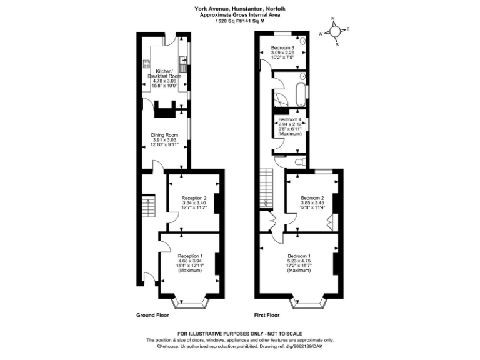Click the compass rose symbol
pyautogui.click(x=335, y=31)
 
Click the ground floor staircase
pyautogui.click(x=149, y=207)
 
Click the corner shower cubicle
pyautogui.click(x=277, y=101)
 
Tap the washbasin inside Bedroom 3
pyautogui.click(x=303, y=41)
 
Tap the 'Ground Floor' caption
pyautogui.click(x=152, y=315)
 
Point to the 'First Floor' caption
pyautogui.click(x=266, y=315)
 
